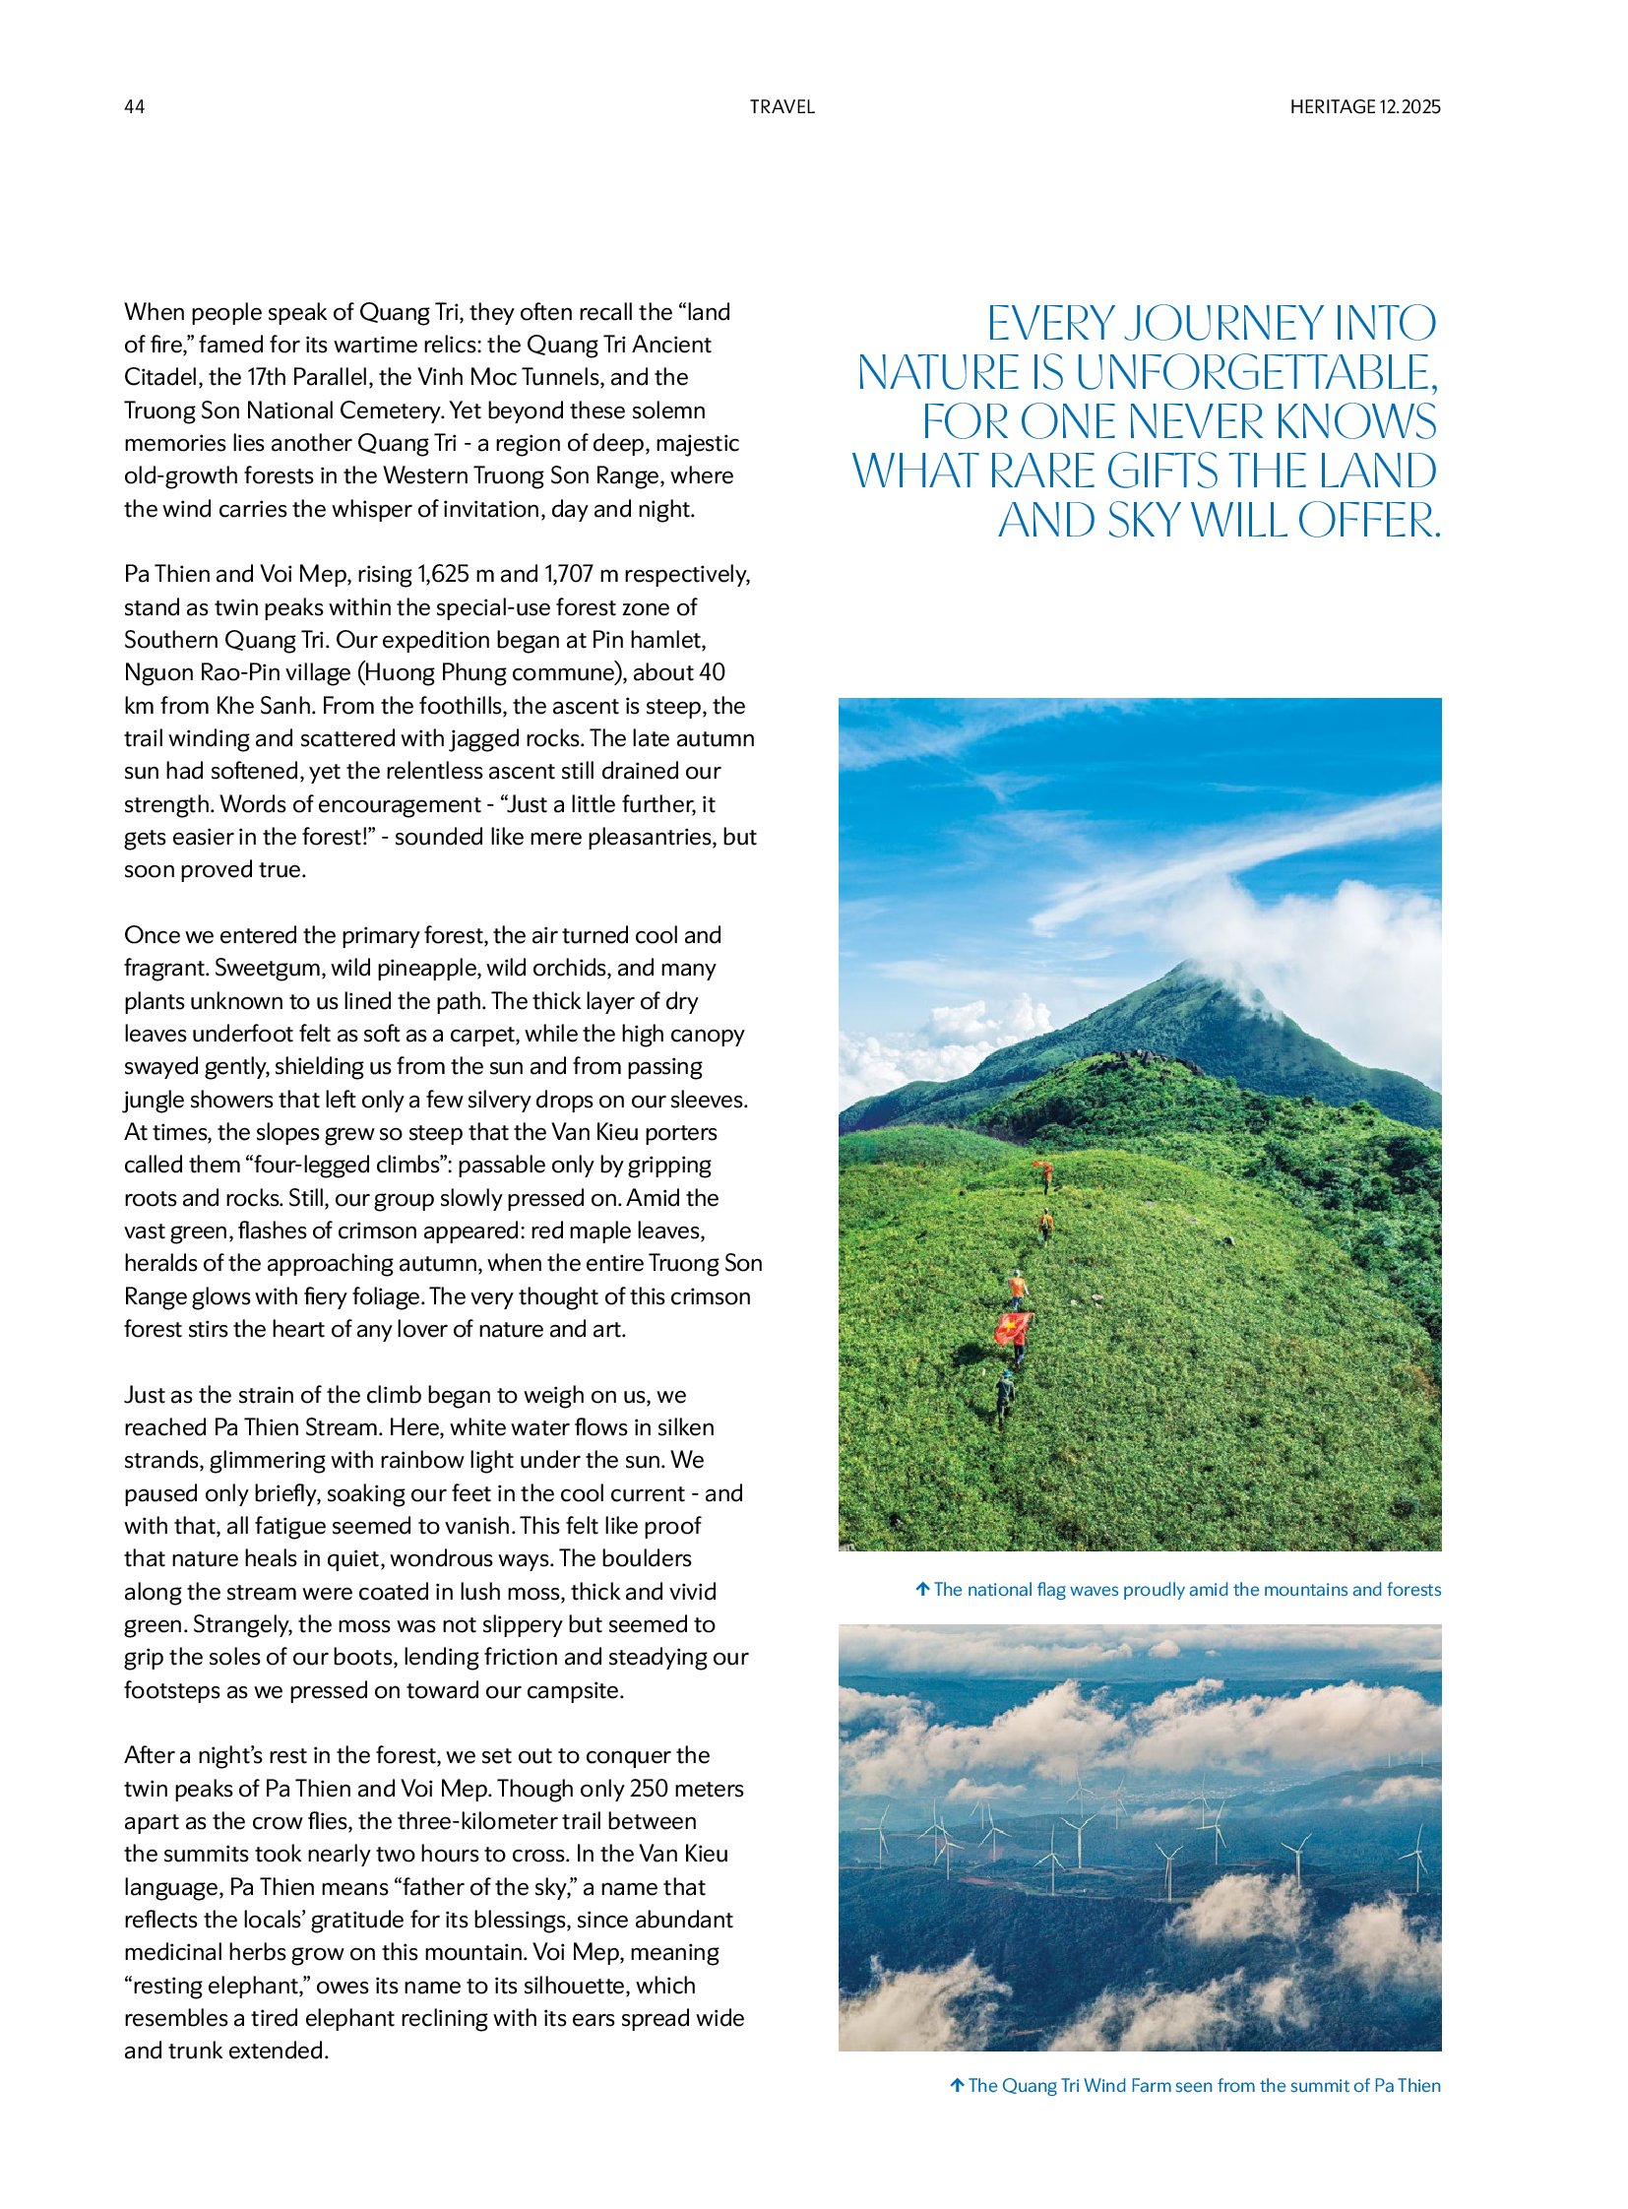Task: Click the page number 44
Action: [134, 106]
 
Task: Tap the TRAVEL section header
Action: [782, 106]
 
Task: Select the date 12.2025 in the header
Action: [1410, 106]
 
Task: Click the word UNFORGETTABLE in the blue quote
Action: [1256, 373]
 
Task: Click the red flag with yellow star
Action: [1012, 1327]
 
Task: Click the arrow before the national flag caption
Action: [922, 1589]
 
